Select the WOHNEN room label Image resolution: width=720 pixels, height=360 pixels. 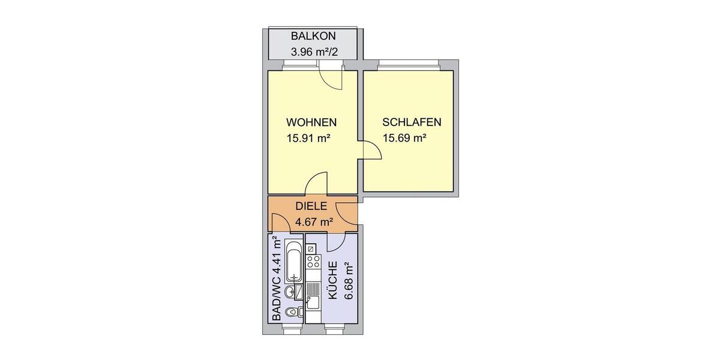pos(311,122)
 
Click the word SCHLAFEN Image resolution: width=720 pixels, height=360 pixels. pos(412,122)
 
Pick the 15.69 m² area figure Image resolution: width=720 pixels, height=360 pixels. pos(404,137)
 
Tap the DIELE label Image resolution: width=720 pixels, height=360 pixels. pos(311,206)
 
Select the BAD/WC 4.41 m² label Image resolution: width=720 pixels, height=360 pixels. pos(277,279)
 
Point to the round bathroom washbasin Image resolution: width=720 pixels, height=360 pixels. pos(289,292)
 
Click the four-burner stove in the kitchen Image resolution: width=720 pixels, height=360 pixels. pos(313,262)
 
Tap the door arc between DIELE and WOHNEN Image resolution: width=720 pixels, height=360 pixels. pos(316,184)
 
